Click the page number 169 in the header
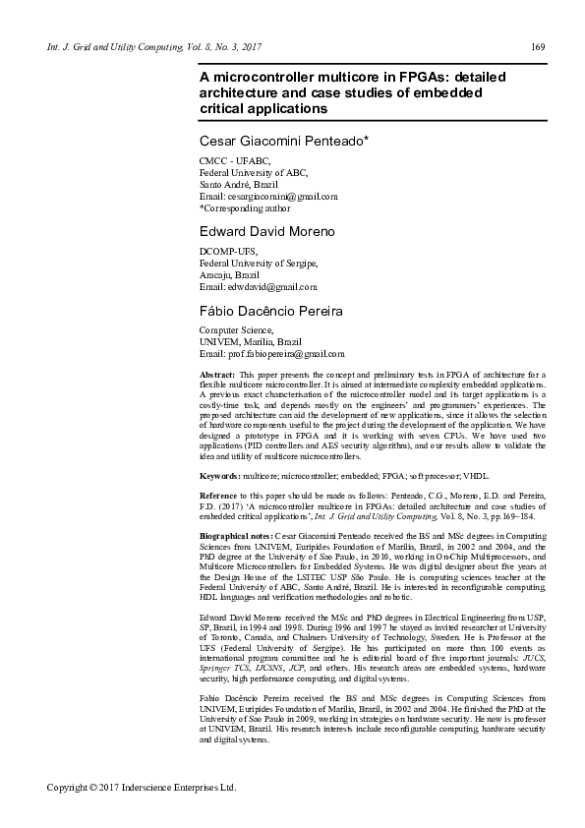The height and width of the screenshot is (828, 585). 538,46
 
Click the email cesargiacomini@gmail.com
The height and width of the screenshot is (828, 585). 258,197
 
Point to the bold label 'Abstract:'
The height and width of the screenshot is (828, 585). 217,376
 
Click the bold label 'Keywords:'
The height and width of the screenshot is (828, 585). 221,475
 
